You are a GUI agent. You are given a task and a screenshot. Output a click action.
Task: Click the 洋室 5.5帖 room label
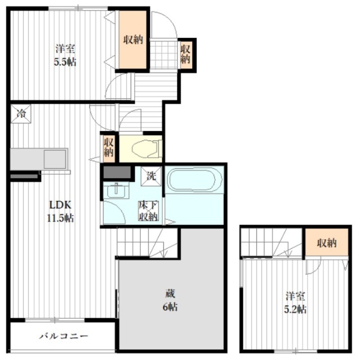click(66, 54)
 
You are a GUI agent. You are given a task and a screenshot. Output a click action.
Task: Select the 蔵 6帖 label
click(171, 300)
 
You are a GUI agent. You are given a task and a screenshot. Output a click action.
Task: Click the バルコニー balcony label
click(63, 337)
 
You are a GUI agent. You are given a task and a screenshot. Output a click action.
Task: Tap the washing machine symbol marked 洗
click(150, 175)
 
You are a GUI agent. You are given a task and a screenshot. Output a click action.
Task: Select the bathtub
click(192, 182)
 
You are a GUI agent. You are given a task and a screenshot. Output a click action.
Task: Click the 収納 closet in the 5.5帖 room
click(134, 39)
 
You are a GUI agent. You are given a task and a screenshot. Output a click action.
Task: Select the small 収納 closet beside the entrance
click(185, 54)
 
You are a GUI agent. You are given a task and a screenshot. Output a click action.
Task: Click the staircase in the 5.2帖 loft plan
click(270, 243)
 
